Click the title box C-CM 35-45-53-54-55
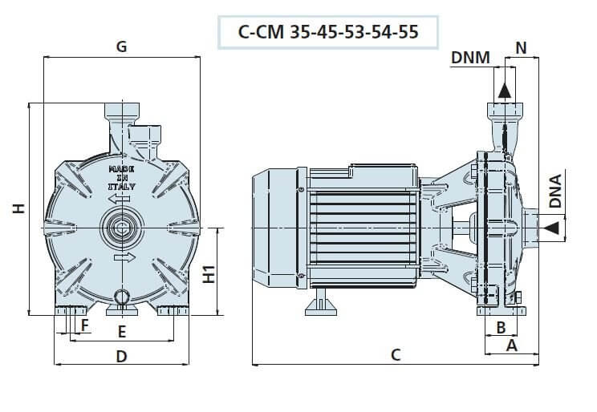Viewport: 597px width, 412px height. (x=328, y=33)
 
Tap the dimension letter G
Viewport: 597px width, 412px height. (x=122, y=46)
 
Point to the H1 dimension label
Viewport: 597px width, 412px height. (x=208, y=273)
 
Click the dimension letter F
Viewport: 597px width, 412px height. (x=84, y=325)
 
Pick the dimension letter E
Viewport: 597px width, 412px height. (x=122, y=330)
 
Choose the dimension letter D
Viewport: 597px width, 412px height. (x=122, y=357)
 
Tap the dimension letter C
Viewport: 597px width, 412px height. (x=396, y=354)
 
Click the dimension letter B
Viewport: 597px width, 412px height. (x=500, y=326)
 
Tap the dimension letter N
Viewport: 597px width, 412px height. (x=522, y=47)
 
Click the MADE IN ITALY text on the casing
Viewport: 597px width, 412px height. (x=123, y=179)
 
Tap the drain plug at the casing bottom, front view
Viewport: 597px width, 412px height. (x=123, y=297)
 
